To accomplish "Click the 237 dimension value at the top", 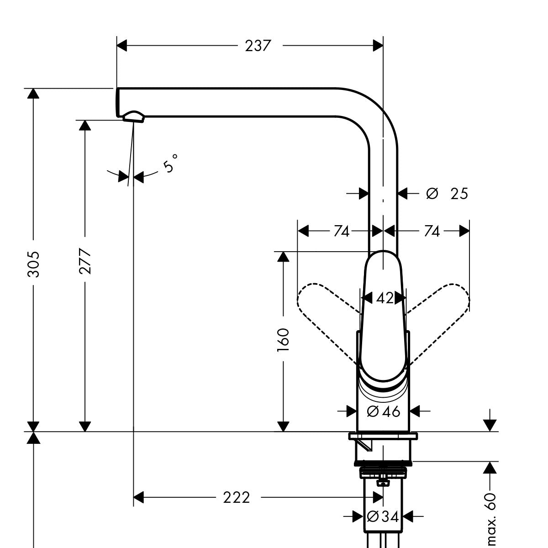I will [258, 46].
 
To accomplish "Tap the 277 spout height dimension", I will [85, 261].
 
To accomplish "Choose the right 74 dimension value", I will [431, 232].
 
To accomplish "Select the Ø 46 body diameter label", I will [384, 411].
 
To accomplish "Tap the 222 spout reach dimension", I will [237, 497].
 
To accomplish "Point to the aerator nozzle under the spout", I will [133, 116].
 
